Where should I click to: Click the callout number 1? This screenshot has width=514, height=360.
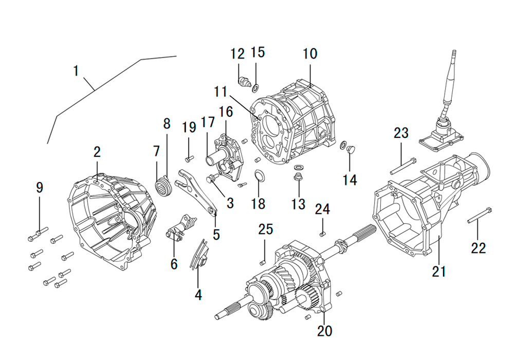pos(76,71)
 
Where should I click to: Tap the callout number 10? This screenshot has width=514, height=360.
pos(310,54)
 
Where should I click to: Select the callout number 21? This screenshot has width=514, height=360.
pos(439,272)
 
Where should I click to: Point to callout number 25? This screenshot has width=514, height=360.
pos(266,229)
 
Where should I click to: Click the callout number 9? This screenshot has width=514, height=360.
pos(40,188)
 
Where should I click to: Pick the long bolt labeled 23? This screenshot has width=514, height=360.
pos(403,166)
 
